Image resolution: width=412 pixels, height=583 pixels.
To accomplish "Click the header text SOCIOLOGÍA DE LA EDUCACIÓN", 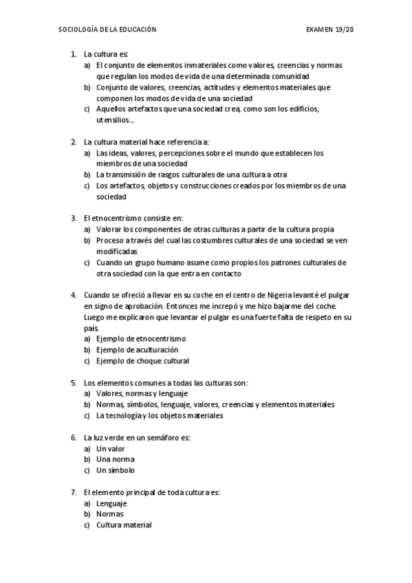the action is click(108, 30).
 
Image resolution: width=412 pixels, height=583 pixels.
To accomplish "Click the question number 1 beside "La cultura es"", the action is click(73, 54).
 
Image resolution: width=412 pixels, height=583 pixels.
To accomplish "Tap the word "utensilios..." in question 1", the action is click(116, 120).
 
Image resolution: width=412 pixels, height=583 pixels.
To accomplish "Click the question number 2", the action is click(73, 142).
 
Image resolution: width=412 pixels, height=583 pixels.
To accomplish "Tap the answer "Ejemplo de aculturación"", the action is click(132, 350).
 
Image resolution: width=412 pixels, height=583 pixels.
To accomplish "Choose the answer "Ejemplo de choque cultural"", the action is click(142, 361).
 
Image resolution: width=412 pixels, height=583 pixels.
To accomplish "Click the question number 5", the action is click(73, 382).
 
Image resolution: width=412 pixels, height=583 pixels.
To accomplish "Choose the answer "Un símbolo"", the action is click(116, 470).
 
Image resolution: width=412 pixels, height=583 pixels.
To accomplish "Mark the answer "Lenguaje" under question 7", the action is click(112, 503).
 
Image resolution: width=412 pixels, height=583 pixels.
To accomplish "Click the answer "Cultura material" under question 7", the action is click(124, 525).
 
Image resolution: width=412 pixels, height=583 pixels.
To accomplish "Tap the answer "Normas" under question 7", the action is click(110, 514).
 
